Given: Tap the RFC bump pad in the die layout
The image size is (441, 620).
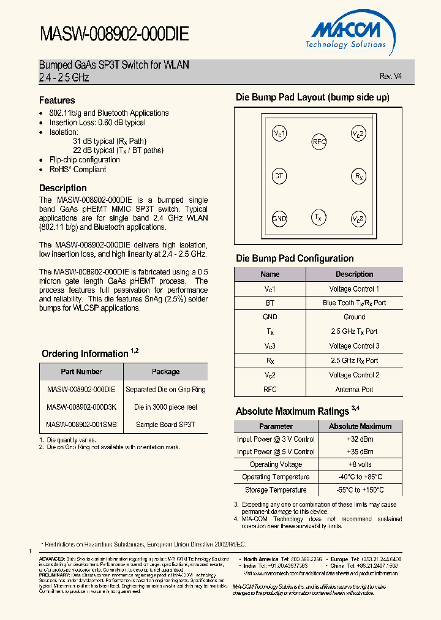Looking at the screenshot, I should tap(319, 142).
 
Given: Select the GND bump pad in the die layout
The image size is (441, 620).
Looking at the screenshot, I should tap(279, 219).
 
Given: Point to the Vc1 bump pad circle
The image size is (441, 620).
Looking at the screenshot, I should tap(279, 134).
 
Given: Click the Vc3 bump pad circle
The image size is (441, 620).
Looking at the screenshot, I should tap(358, 219).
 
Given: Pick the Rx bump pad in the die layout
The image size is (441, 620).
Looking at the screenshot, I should tap(358, 176).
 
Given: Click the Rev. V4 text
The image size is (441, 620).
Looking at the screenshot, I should tap(391, 77).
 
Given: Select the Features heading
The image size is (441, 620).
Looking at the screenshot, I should tap(57, 100).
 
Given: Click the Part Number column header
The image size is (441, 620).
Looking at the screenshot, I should tap(81, 372).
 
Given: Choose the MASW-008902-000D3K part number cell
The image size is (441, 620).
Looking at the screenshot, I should tap(81, 407).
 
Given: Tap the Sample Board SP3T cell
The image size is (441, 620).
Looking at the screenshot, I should tap(165, 424).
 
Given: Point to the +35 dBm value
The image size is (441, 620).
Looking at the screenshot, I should tap(360, 452).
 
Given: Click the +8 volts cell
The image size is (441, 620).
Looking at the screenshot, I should tap(360, 464).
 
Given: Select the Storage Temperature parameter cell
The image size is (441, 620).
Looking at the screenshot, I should tap(276, 490).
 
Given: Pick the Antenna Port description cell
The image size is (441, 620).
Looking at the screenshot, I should tap(354, 389).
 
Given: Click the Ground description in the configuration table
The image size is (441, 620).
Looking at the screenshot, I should tap(354, 317).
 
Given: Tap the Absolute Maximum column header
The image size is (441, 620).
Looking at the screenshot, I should tap(360, 426).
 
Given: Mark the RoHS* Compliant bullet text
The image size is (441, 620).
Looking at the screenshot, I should tap(77, 170).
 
